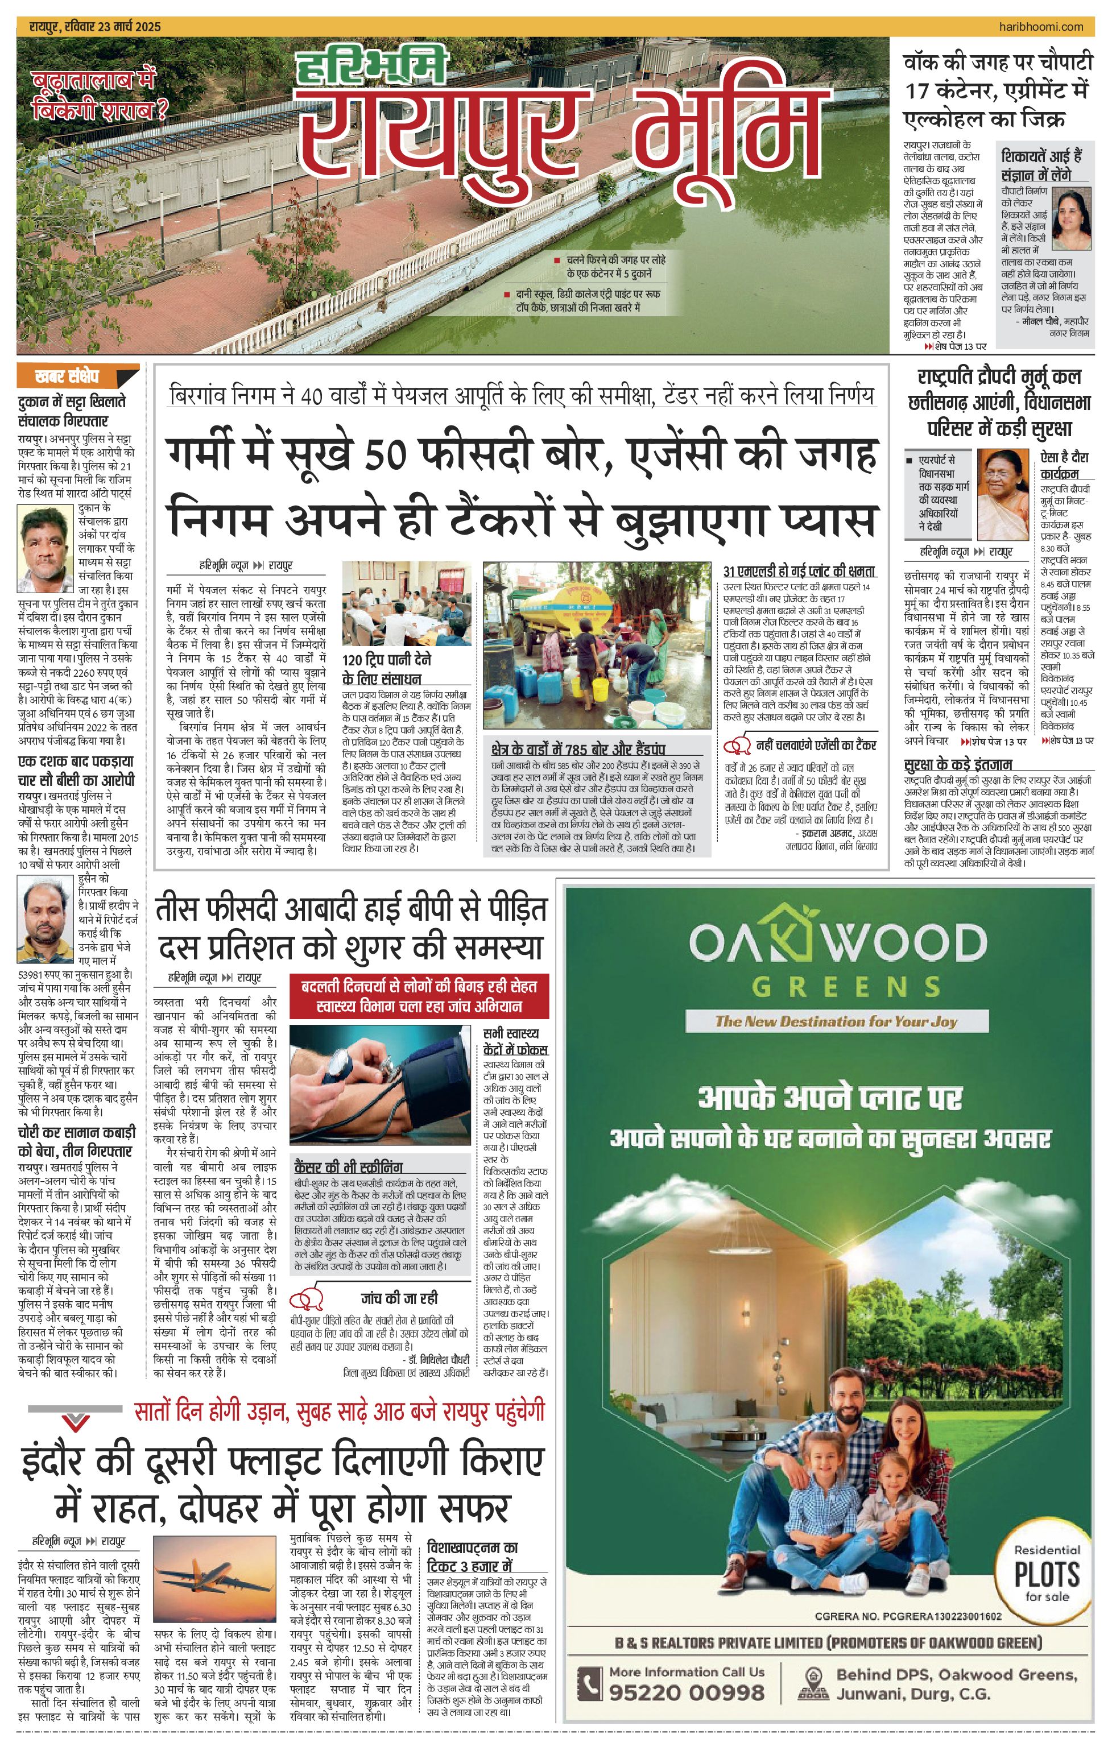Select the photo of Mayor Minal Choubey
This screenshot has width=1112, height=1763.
1071,218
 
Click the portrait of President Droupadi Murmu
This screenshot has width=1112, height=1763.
1002,494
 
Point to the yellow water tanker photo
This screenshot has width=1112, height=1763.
597,645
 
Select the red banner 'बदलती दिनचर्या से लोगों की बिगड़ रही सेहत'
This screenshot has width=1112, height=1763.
419,996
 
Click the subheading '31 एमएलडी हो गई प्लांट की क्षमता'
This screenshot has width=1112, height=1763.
799,571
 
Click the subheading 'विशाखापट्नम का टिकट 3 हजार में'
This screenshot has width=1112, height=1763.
472,1557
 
